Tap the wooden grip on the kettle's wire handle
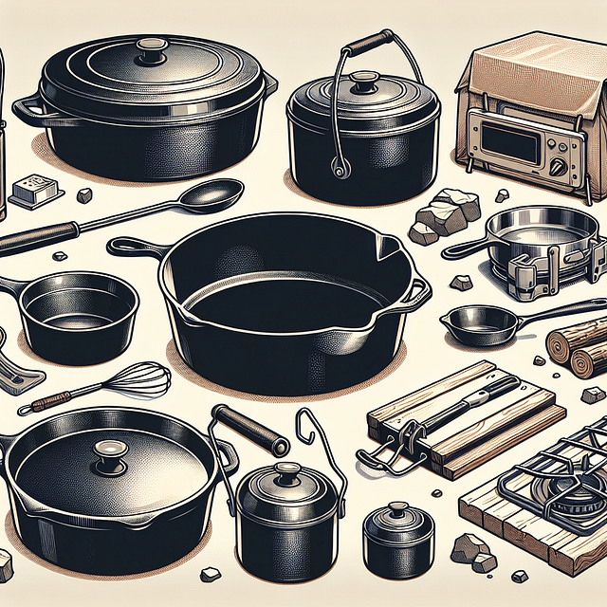point(369,43)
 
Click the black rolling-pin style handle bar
point(249,430)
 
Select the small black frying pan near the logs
point(484,323)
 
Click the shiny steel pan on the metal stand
point(533,233)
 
